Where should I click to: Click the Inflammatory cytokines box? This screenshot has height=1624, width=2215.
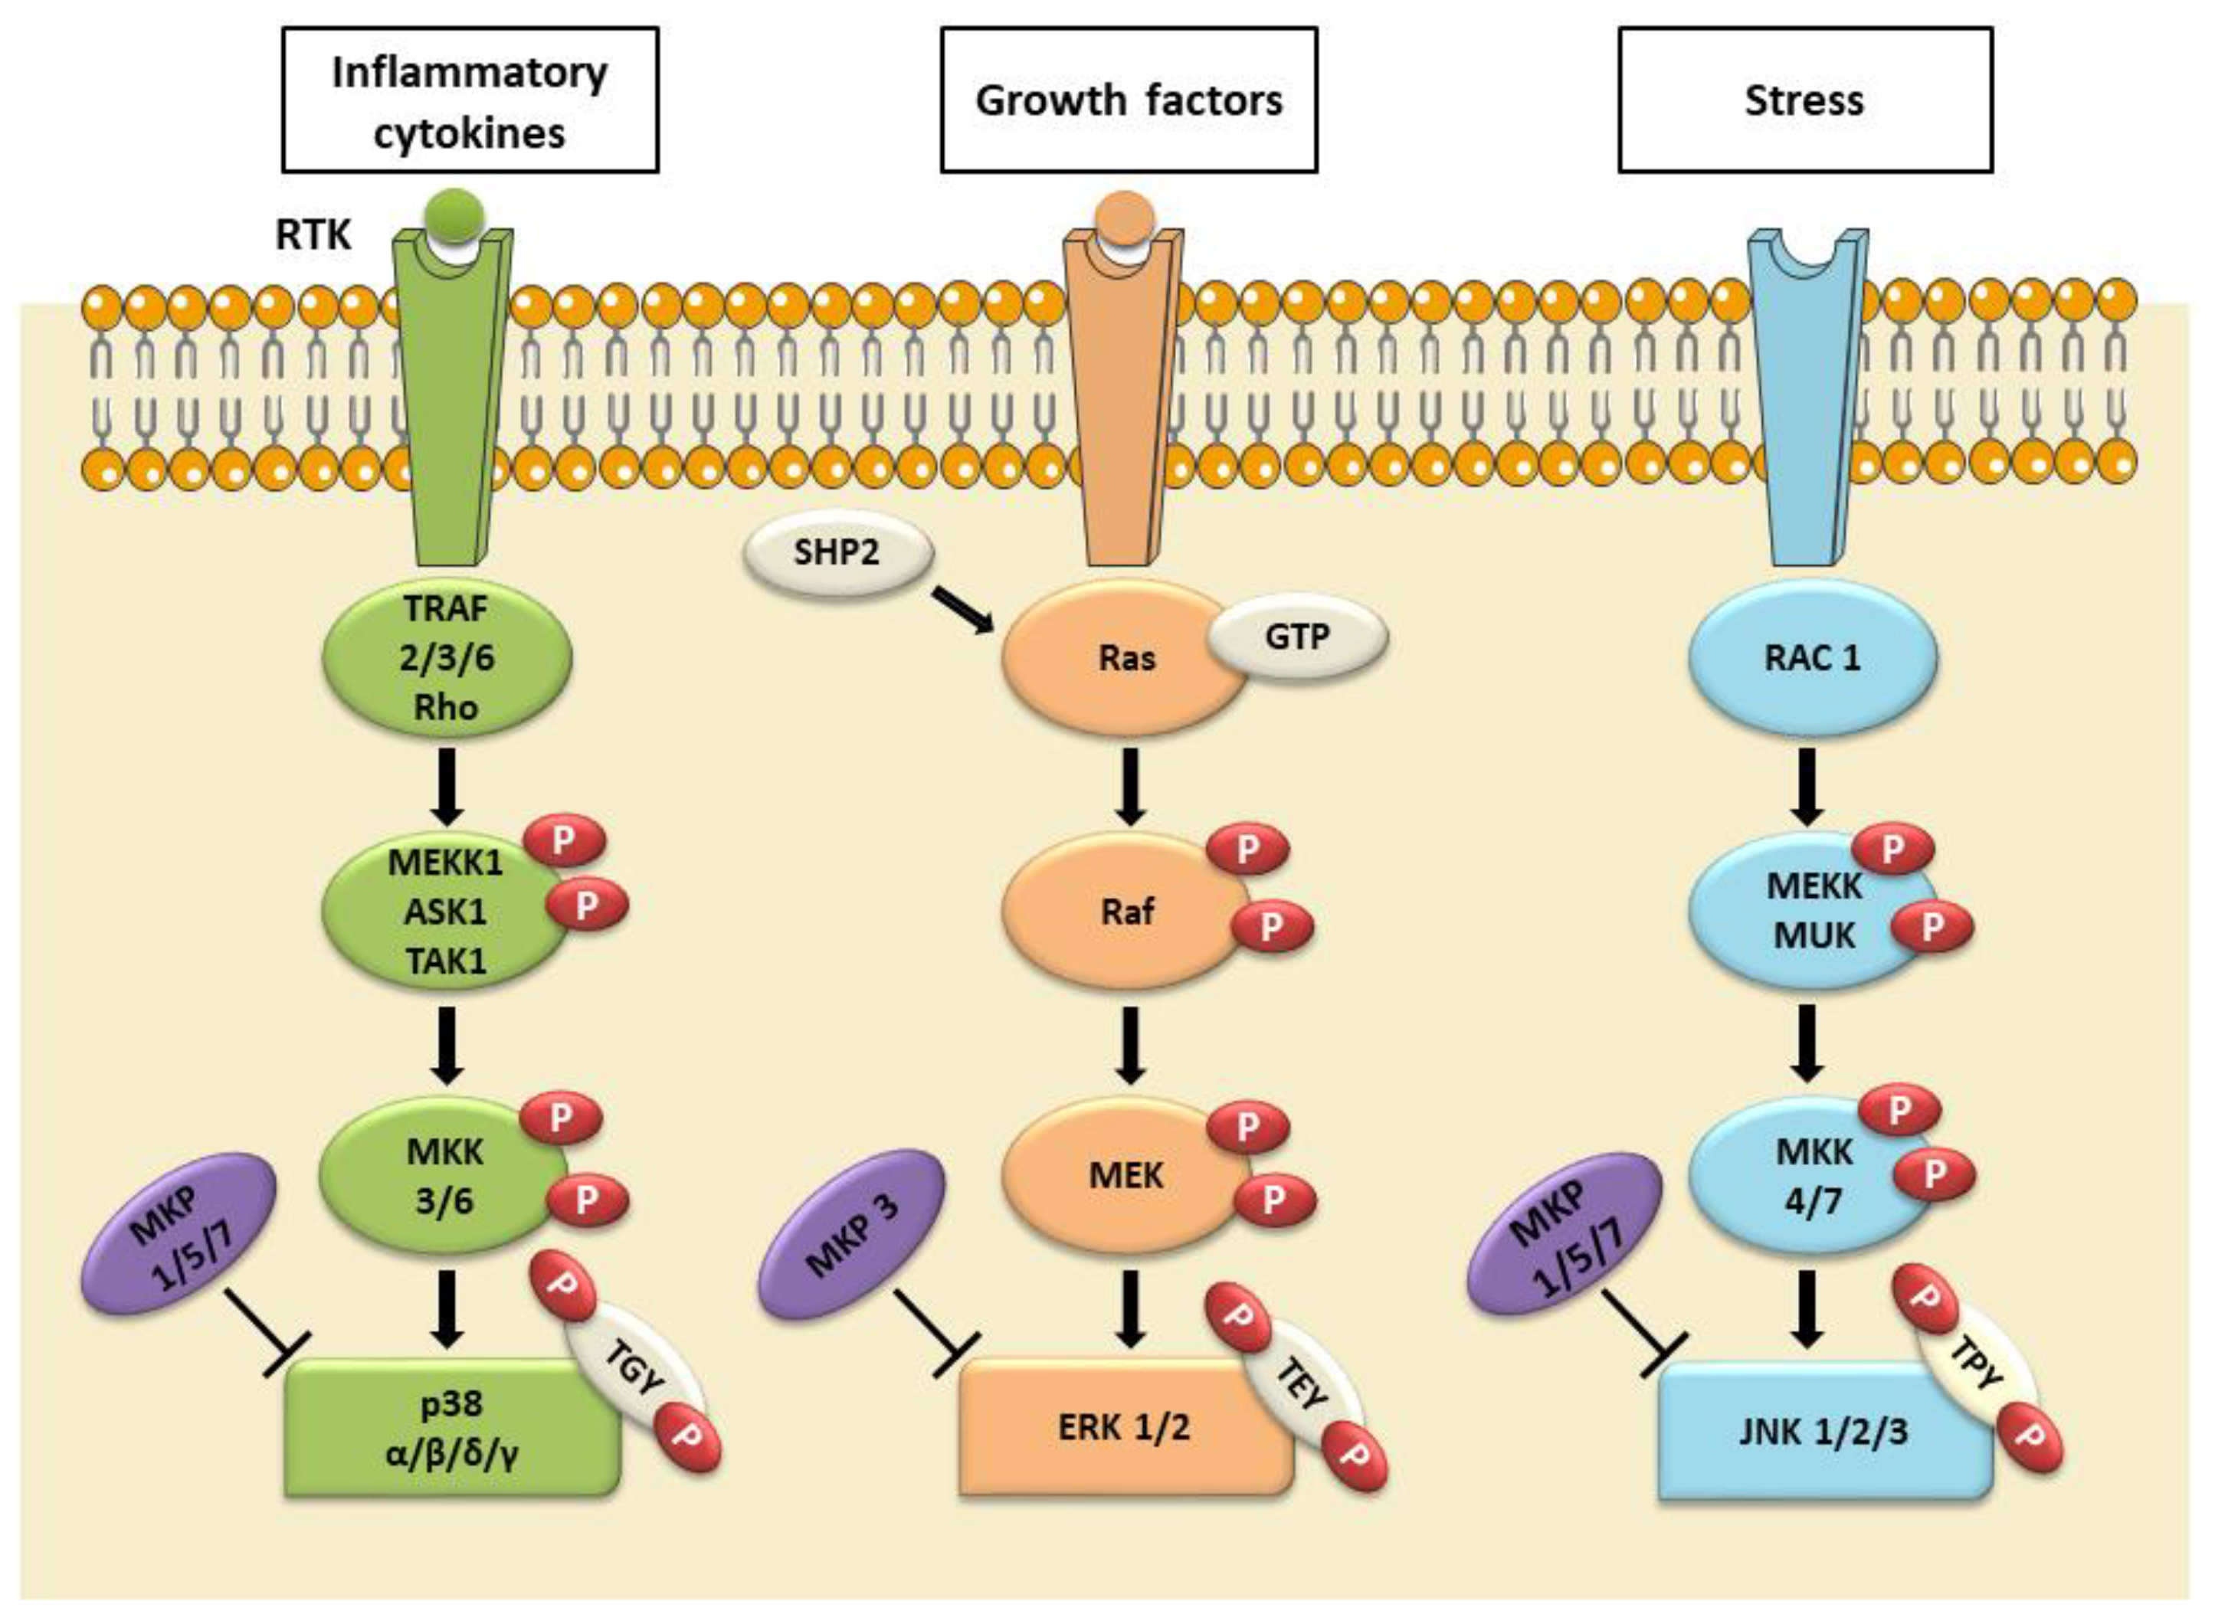click(470, 100)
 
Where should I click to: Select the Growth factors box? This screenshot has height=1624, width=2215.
click(1129, 100)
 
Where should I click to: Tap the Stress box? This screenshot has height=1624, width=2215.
click(1805, 100)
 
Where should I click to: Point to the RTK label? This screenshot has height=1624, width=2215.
click(313, 235)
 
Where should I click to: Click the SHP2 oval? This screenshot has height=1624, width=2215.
click(837, 552)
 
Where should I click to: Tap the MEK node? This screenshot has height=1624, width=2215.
click(1125, 1175)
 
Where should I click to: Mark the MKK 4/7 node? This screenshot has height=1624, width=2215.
click(1812, 1175)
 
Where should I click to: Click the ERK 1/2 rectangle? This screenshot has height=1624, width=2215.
click(1125, 1427)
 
